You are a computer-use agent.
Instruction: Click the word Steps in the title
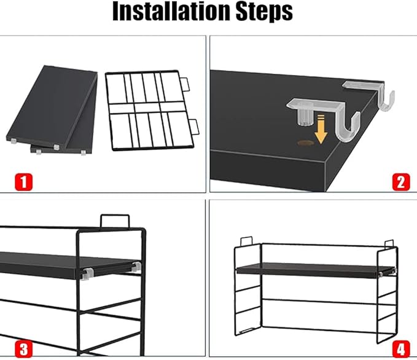pyautogui.click(x=264, y=12)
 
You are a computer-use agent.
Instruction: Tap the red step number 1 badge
pyautogui.click(x=24, y=182)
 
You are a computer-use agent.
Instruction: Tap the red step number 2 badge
pyautogui.click(x=401, y=182)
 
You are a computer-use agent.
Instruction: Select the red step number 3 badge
pyautogui.click(x=24, y=349)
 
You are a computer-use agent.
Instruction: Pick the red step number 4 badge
pyautogui.click(x=401, y=349)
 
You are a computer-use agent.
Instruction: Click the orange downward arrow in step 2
pyautogui.click(x=321, y=129)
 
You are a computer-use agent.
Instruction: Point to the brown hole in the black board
pyautogui.click(x=305, y=143)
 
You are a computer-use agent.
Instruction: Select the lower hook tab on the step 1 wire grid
pyautogui.click(x=195, y=127)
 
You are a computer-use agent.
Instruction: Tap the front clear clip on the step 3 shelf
pyautogui.click(x=87, y=274)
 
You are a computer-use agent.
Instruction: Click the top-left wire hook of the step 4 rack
pyautogui.click(x=246, y=241)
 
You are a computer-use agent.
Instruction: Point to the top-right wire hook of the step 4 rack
pyautogui.click(x=389, y=244)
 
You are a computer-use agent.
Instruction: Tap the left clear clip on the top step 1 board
pyautogui.click(x=14, y=141)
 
